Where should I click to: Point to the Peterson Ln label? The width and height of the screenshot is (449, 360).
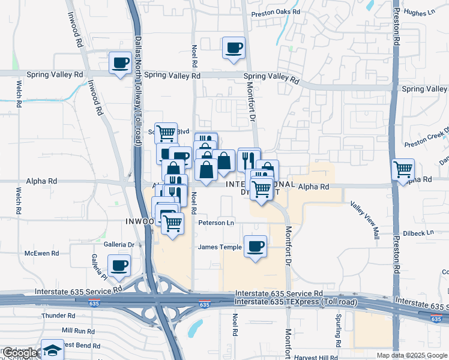pos(215,223)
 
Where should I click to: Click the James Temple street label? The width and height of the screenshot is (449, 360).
pos(220,247)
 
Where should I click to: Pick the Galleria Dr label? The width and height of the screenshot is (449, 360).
pos(118,244)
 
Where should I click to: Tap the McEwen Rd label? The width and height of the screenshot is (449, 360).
pos(41,254)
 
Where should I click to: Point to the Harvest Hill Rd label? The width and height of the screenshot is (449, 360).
pos(317,358)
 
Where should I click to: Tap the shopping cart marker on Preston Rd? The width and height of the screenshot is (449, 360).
pos(403,169)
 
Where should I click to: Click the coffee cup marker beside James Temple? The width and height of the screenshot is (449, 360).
pos(255,246)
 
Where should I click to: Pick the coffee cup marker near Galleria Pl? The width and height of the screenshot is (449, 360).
pos(118,265)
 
